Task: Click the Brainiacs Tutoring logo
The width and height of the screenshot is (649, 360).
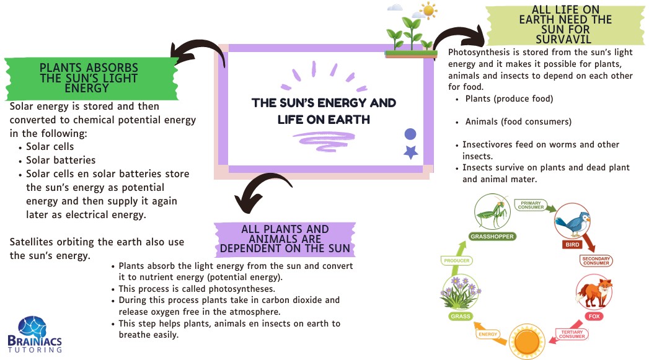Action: pos(40,335)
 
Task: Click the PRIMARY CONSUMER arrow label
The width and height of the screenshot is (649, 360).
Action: pos(531,205)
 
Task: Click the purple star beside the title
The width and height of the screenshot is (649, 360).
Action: pos(410,152)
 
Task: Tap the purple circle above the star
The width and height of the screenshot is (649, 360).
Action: pos(410,134)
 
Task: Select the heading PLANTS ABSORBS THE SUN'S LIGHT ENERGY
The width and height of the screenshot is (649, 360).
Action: pos(88,77)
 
